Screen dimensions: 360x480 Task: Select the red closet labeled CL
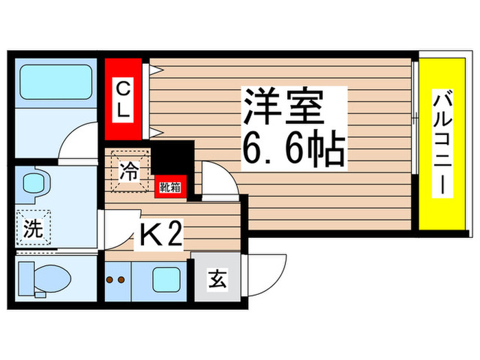123,100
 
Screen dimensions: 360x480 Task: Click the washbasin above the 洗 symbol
34,184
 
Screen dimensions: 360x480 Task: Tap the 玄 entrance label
217,280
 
